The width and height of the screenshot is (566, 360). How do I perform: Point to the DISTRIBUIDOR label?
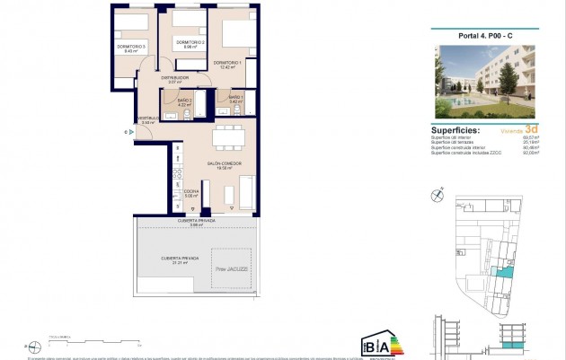(x=175, y=78)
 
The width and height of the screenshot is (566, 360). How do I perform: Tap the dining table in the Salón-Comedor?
(x=227, y=136)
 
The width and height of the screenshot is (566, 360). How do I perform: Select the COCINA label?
(x=190, y=192)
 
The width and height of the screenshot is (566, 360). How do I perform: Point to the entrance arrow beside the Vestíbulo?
(x=133, y=131)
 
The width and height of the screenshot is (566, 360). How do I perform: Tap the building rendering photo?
(x=483, y=81)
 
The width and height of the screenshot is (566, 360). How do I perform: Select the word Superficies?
(x=455, y=130)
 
